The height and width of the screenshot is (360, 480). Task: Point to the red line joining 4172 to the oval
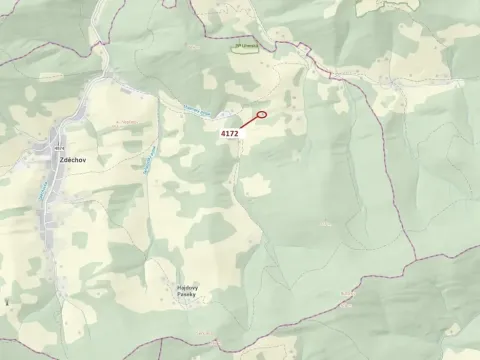pyautogui.click(x=248, y=122)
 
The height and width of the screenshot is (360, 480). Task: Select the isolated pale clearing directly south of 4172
pyautogui.click(x=256, y=185)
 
